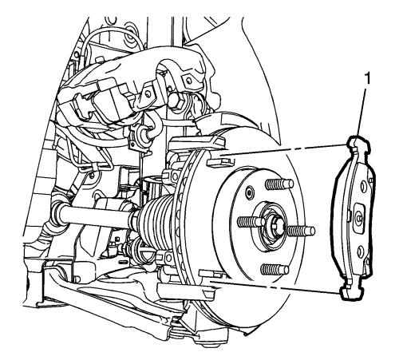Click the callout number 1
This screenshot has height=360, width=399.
click(368, 80)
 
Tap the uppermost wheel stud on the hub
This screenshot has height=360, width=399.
click(279, 184)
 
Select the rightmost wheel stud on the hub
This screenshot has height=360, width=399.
click(301, 229)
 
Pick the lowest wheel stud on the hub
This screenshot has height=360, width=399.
click(275, 269)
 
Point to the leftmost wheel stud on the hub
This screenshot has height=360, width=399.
click(249, 221)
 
